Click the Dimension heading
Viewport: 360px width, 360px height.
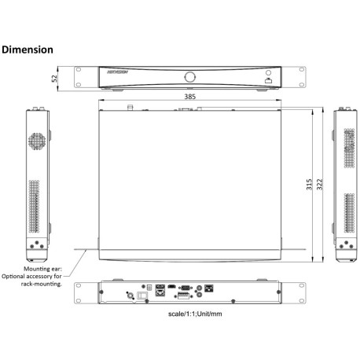click(28, 50)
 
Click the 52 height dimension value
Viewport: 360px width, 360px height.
click(54, 78)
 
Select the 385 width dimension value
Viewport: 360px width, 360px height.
click(189, 97)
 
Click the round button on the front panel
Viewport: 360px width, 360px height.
click(189, 77)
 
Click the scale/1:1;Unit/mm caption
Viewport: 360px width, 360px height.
click(189, 314)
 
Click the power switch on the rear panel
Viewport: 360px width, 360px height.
click(142, 296)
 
